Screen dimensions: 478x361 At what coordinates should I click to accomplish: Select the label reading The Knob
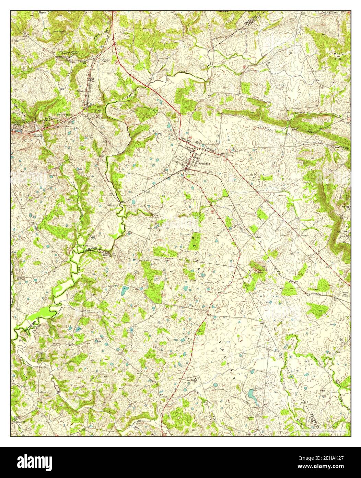(346, 229)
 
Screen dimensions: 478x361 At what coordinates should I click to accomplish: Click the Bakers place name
(258, 237)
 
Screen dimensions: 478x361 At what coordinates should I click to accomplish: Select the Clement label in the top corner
(43, 12)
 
